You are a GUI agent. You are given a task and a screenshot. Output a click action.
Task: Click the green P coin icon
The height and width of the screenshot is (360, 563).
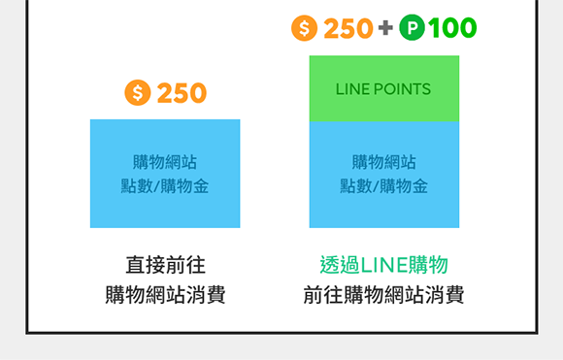point(412,27)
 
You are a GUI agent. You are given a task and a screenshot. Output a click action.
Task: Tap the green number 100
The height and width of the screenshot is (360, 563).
point(452,28)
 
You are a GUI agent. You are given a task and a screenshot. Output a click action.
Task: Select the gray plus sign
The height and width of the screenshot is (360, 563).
point(385,27)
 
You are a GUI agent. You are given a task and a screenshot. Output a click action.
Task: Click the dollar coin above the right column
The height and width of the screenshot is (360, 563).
point(305,28)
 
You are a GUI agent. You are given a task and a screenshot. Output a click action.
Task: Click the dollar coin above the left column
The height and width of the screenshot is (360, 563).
point(138,92)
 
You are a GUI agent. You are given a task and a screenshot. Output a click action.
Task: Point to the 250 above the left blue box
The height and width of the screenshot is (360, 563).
point(182,93)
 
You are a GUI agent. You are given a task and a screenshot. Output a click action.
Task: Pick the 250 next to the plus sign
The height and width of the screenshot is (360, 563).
point(348,28)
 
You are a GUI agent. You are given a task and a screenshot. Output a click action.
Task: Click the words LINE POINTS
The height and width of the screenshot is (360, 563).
point(383,89)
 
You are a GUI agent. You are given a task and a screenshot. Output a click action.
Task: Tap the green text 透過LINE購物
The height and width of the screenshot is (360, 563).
point(383,265)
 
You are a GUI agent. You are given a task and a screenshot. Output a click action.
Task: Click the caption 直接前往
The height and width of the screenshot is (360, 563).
point(166,265)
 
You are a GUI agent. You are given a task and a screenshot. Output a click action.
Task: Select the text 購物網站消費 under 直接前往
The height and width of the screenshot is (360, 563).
point(165,295)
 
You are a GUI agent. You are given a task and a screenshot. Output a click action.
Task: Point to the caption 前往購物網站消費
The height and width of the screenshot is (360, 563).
point(383,295)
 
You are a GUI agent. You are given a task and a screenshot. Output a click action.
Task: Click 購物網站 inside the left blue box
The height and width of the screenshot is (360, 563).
point(165,162)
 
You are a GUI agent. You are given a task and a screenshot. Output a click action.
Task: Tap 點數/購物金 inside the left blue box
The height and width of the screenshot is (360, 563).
point(165,186)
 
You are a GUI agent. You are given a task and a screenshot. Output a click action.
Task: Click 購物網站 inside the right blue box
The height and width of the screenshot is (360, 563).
point(383,162)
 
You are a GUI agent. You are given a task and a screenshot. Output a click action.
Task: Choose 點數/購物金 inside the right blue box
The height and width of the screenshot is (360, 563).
point(383,186)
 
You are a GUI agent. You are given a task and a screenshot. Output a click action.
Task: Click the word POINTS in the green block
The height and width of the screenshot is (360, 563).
point(402,89)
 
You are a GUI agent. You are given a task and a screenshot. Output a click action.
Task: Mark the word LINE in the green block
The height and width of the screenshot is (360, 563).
point(352,89)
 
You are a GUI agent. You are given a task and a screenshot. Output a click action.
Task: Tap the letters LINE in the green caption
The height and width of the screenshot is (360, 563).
point(383,265)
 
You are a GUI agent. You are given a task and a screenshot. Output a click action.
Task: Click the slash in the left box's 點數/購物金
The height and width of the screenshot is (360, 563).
point(156,186)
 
